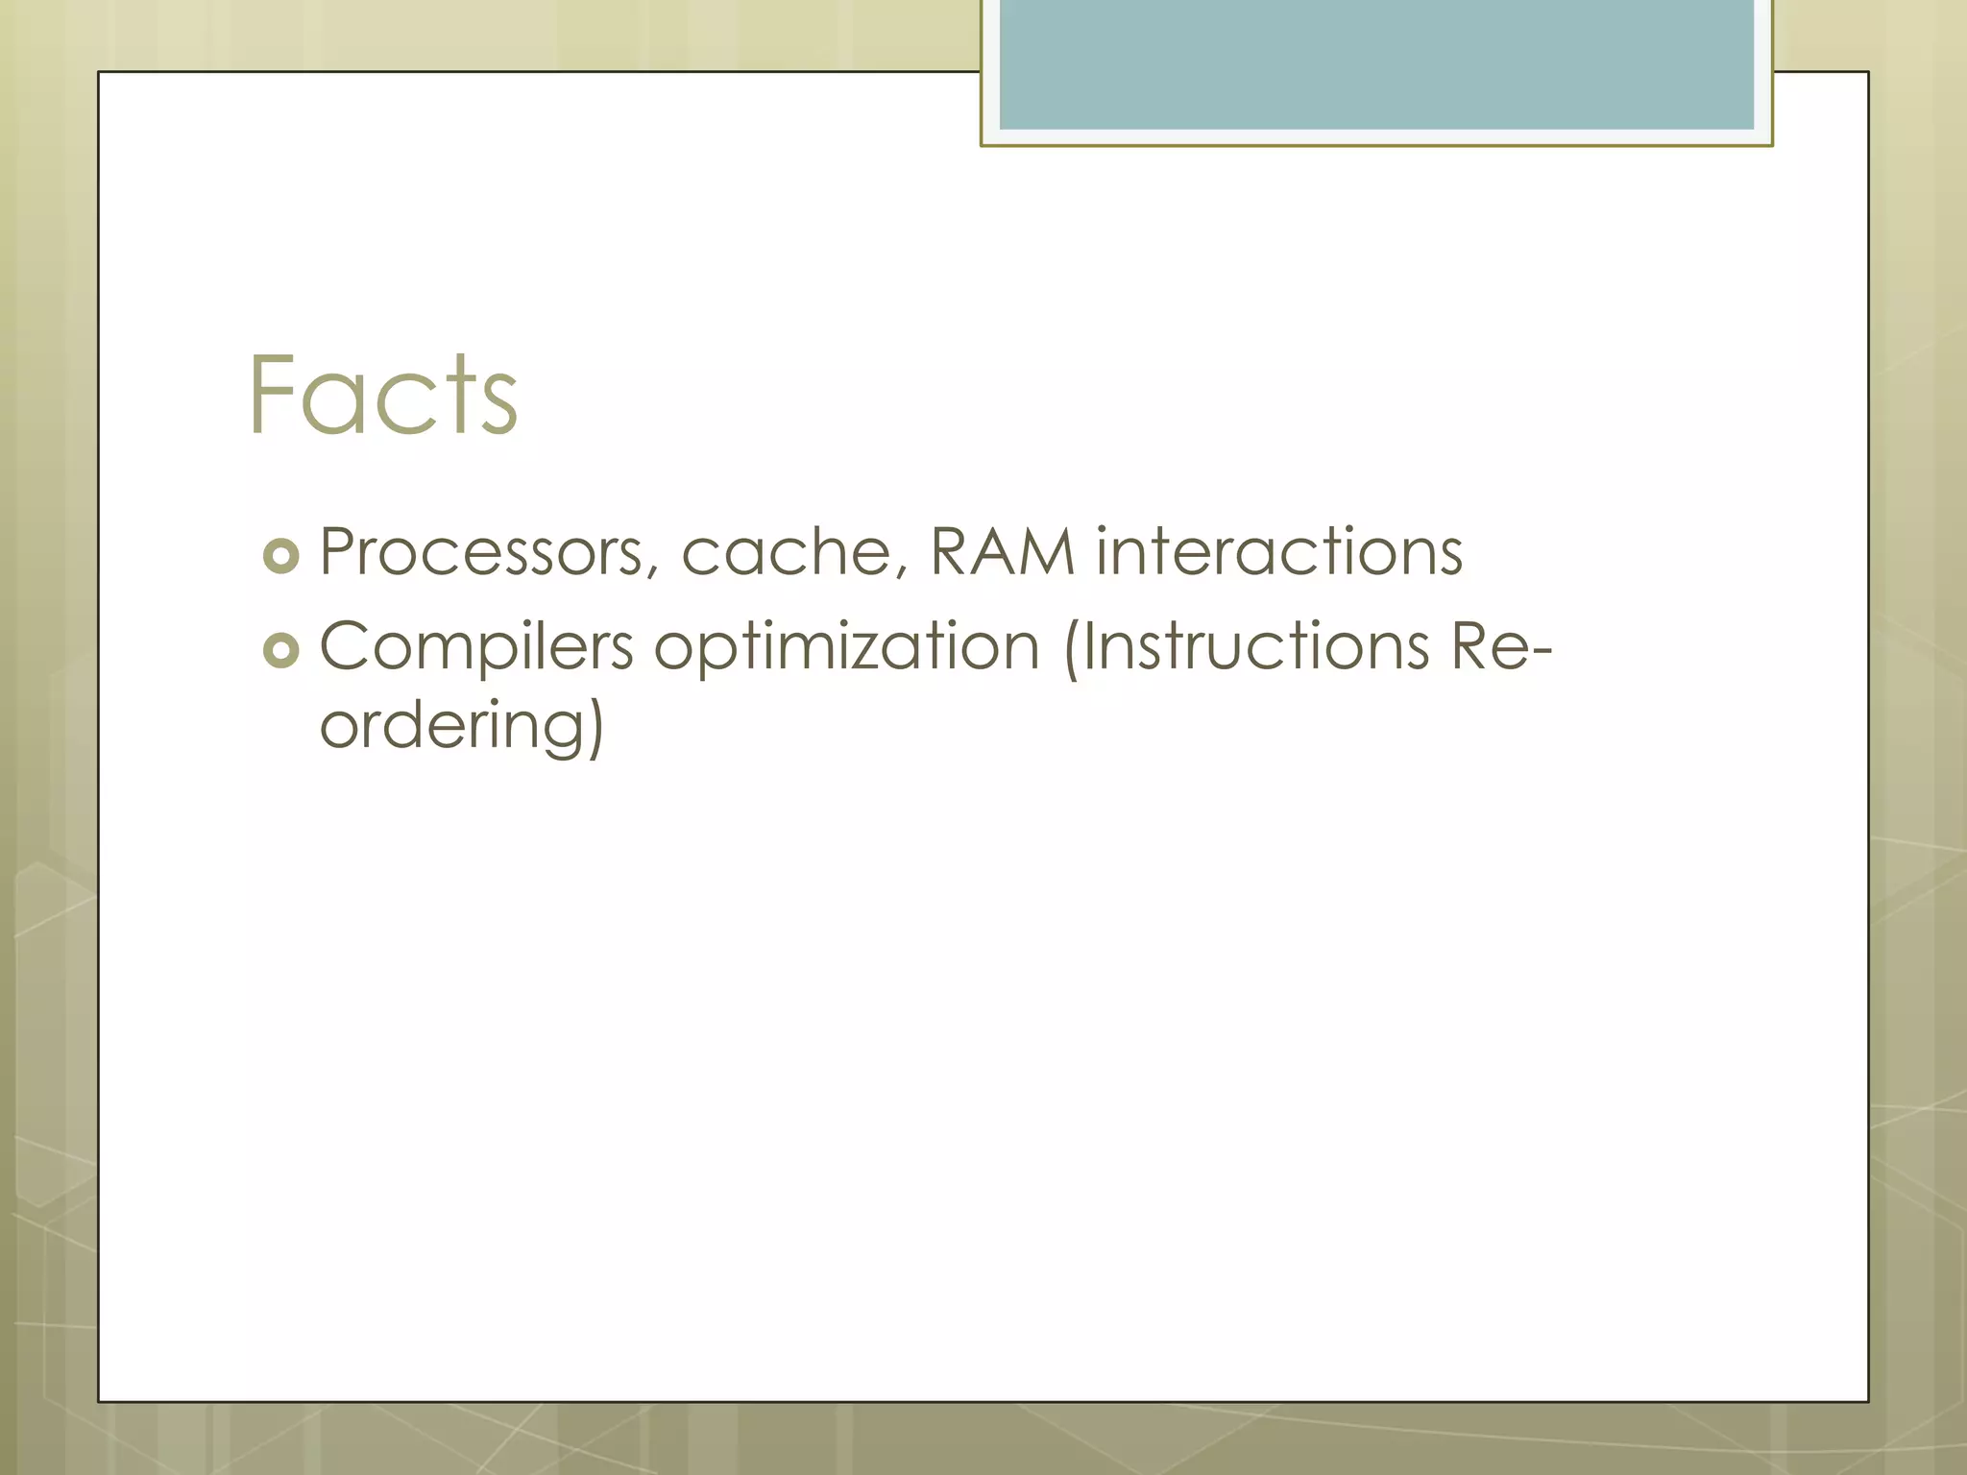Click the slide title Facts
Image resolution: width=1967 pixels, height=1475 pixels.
click(x=382, y=396)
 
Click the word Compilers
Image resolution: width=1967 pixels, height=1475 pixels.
click(x=475, y=646)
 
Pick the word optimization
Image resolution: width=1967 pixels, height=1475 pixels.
click(x=846, y=646)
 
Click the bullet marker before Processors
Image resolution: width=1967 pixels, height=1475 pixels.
click(x=280, y=556)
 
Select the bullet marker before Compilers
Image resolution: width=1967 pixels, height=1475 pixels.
click(x=280, y=651)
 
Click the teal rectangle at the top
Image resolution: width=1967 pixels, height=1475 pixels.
click(x=1375, y=63)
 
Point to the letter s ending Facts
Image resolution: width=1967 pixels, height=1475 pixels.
click(x=499, y=405)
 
